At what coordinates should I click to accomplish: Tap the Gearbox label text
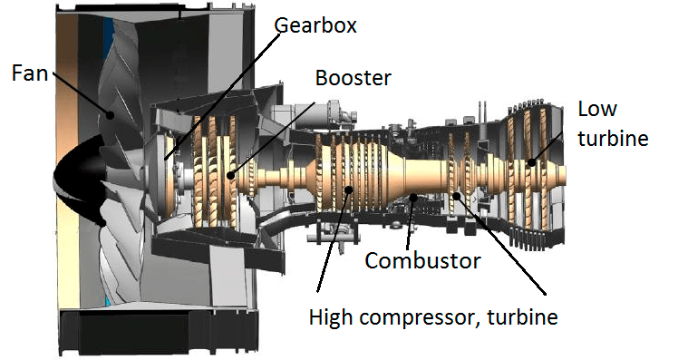(315, 25)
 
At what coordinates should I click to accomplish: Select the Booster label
(353, 78)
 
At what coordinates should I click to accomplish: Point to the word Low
(597, 109)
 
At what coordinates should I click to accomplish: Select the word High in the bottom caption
(331, 317)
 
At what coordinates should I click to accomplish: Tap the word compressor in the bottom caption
(419, 317)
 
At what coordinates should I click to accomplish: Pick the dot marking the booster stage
(231, 173)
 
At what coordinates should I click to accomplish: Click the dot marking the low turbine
(532, 163)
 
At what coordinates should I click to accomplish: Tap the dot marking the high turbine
(456, 194)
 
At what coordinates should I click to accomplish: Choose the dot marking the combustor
(413, 196)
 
